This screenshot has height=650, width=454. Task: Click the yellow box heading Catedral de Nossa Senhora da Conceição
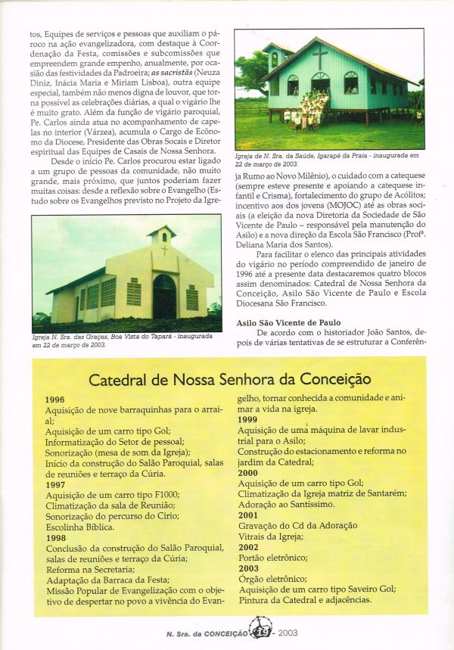[x=229, y=379]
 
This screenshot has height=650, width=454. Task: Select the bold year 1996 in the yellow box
[x=55, y=400]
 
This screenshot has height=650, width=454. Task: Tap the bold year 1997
[x=55, y=484]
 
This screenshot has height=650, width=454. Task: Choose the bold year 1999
[x=247, y=419]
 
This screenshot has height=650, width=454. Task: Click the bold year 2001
[x=247, y=515]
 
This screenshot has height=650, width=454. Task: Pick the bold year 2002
[x=247, y=546]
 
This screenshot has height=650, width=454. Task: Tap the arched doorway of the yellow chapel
[x=164, y=297]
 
